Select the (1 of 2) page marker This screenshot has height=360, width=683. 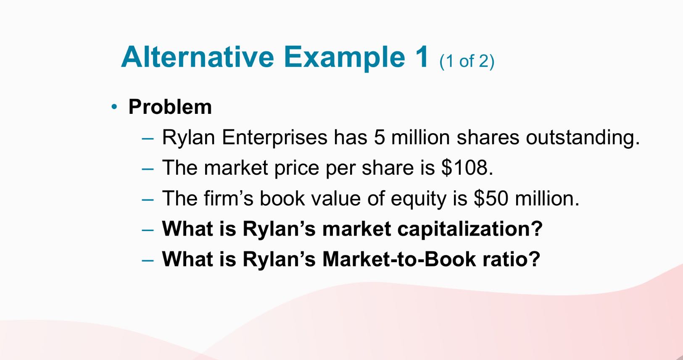tap(467, 61)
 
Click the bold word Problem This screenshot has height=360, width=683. tap(170, 107)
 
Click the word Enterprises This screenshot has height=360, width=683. tap(274, 137)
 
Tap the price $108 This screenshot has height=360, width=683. tap(467, 168)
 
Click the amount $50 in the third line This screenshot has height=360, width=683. tap(491, 198)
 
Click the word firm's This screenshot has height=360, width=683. tap(229, 198)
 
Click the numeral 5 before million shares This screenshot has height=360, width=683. tap(380, 137)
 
